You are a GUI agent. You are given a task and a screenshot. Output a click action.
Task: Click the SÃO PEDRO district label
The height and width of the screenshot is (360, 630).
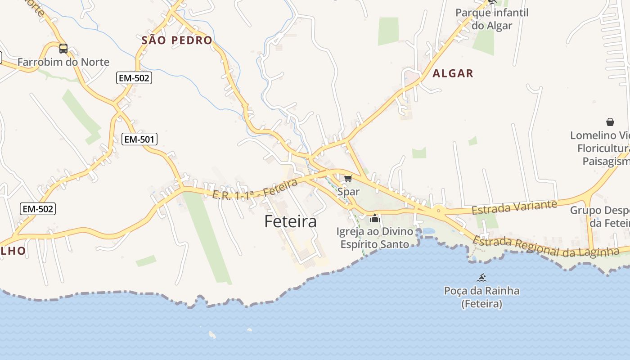tap(177, 40)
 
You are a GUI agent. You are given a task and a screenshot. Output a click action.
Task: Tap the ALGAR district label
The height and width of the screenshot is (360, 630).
tap(453, 73)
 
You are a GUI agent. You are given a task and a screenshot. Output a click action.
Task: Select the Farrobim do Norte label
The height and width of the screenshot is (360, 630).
tap(63, 62)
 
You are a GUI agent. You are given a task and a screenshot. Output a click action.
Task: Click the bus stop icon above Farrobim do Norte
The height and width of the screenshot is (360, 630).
tap(63, 49)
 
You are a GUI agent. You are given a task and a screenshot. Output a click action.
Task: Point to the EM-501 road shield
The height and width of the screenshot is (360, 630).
tap(139, 139)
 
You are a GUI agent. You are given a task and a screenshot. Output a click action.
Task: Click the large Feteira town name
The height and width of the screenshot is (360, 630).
tap(290, 221)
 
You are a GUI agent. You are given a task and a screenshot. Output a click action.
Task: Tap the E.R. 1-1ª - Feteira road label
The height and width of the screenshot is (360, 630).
tap(255, 189)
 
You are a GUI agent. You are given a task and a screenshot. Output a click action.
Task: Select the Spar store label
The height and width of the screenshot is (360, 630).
tap(348, 192)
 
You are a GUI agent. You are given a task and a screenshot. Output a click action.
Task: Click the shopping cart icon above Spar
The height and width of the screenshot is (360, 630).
tap(348, 179)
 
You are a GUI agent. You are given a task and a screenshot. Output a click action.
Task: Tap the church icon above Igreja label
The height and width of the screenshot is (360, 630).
tap(375, 219)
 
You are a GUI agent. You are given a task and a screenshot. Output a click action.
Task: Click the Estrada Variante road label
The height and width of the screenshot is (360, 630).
tap(514, 207)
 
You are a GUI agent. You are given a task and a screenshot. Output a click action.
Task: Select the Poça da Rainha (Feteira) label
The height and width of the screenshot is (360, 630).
tap(481, 297)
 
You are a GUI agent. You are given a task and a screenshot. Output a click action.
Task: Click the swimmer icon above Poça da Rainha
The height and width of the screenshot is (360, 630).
tap(482, 277)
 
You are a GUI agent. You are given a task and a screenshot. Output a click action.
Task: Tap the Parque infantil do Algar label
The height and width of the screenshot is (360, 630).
tap(492, 19)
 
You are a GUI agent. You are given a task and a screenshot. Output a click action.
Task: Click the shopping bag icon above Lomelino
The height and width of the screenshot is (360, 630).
tap(610, 122)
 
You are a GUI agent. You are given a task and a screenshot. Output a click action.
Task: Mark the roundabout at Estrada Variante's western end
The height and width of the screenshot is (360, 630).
tap(438, 210)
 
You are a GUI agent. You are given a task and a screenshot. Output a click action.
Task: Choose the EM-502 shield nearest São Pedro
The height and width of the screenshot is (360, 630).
tap(134, 78)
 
